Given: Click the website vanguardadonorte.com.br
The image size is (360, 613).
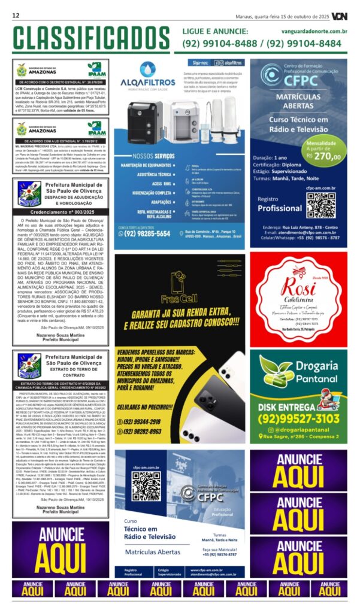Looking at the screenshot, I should coord(314,31).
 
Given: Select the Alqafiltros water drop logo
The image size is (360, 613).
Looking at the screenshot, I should coord(147,69).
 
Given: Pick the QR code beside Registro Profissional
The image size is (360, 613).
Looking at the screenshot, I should coord(320,205).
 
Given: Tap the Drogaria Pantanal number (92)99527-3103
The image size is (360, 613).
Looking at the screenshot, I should coord(299,418).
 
